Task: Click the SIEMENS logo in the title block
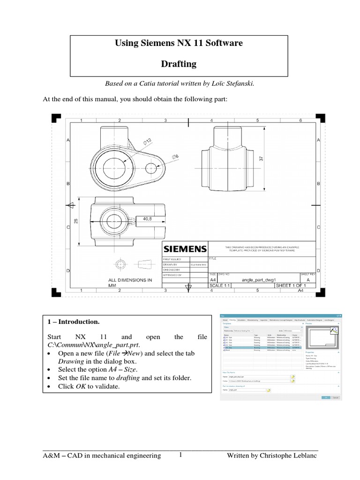(185, 248)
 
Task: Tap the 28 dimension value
(76, 220)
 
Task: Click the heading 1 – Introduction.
(73, 322)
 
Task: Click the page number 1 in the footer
(180, 454)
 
